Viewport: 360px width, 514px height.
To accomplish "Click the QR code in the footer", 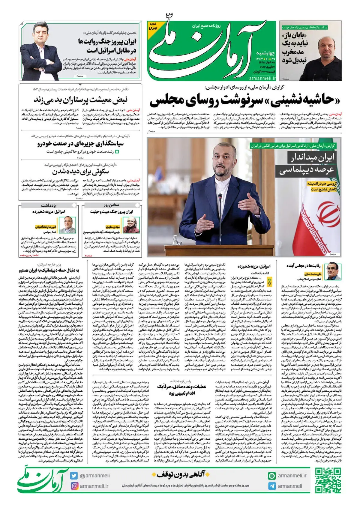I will (328, 480).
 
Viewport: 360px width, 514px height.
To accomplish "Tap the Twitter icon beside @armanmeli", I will (74, 476).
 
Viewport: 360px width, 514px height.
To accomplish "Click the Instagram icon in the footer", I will (74, 486).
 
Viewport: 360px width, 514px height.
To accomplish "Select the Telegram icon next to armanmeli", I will (272, 486).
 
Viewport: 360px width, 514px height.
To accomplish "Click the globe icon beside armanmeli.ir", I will (272, 476).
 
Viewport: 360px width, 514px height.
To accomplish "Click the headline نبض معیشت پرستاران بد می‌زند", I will (80, 99).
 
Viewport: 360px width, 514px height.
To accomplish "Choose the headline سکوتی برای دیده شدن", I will (80, 172).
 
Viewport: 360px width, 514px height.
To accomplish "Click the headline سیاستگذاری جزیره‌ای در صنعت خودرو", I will (80, 144).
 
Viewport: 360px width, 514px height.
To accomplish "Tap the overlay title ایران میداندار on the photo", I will (311, 158).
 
